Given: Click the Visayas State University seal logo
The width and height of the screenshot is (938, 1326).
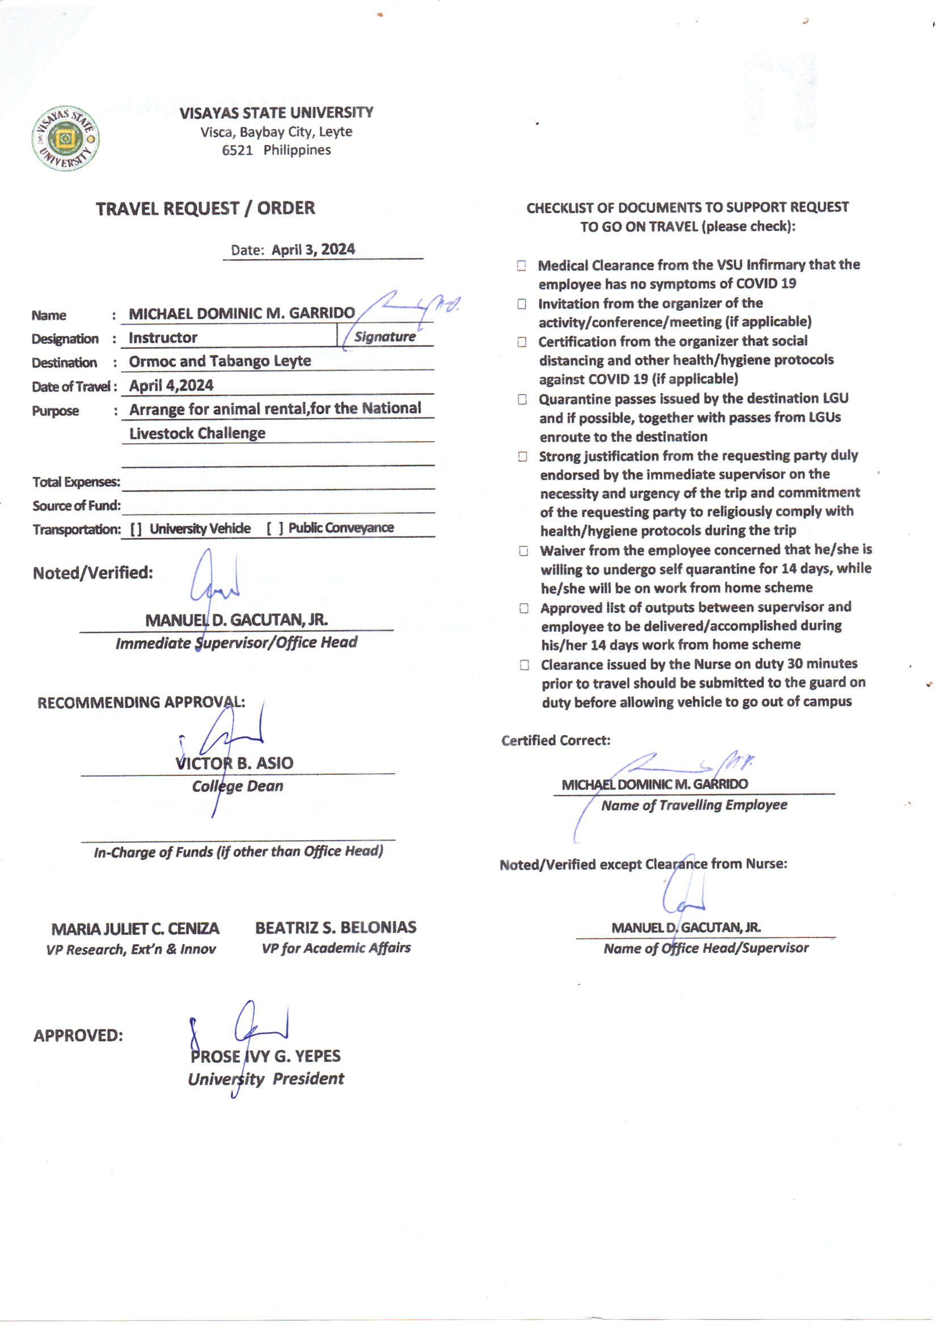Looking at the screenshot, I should [x=65, y=138].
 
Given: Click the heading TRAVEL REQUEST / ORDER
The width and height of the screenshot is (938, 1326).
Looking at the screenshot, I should [x=205, y=209].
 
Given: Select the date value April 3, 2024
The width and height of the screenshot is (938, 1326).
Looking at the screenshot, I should [x=313, y=250].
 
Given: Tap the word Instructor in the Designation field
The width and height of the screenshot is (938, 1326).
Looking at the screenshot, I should [x=163, y=338].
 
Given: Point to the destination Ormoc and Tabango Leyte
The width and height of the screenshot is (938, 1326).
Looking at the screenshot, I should [x=219, y=361].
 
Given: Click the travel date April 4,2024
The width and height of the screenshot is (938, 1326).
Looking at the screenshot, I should [x=171, y=386].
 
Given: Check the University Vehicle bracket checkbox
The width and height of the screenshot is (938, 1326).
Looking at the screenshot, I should [x=136, y=529].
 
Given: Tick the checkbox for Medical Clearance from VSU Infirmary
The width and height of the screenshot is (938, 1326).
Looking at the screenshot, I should [x=522, y=265].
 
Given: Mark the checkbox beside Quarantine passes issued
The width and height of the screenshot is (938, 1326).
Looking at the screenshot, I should [x=522, y=400].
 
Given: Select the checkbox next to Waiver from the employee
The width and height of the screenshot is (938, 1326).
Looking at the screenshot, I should [x=523, y=551].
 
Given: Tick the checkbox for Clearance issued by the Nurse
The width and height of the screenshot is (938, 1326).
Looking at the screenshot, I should [x=525, y=665].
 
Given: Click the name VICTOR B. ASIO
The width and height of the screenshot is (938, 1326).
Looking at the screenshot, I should [x=235, y=763].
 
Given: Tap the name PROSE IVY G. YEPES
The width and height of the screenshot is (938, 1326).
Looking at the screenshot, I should [x=265, y=1056].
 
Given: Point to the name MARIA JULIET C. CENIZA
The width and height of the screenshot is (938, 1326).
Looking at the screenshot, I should [x=135, y=929].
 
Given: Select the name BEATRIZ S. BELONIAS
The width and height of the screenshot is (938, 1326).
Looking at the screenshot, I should [x=336, y=927].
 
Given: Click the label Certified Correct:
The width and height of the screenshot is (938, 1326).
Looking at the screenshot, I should [x=556, y=741].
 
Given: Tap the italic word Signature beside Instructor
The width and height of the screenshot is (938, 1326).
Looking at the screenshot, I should [x=385, y=337].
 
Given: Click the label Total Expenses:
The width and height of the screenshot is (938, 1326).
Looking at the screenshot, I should [x=76, y=482].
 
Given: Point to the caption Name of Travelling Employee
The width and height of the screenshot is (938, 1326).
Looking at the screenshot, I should [x=694, y=805].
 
